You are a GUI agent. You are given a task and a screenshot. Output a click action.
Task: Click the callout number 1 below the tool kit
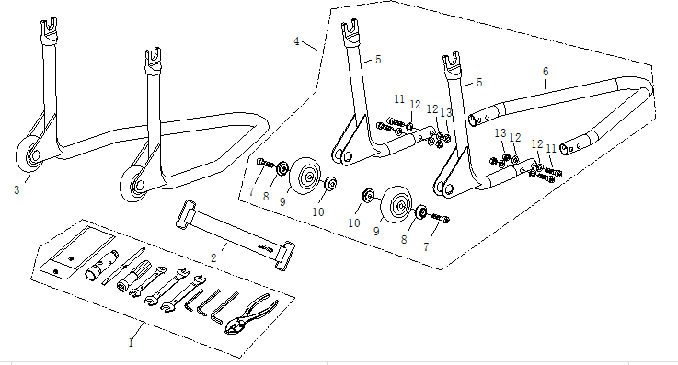coord(131,343)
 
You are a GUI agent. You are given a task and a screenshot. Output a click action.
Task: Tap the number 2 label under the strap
coord(213,257)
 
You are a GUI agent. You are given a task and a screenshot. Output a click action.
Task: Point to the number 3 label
coord(17,189)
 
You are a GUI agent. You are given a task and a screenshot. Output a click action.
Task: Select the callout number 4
coord(296,41)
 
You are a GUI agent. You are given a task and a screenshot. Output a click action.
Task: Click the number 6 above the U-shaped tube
coord(546,72)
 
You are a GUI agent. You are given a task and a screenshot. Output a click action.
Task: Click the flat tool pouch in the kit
coord(78,253)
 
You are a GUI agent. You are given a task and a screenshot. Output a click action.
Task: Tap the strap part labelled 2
coord(236,235)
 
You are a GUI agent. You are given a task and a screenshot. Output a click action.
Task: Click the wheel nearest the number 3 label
coord(29,155)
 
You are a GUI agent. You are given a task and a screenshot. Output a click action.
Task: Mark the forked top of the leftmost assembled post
coord(49,29)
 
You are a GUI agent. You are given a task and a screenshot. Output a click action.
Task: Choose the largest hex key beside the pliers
coord(224,307)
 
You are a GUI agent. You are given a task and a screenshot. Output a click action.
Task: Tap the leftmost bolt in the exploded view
coord(265,164)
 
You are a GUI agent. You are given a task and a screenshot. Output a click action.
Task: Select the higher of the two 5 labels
coord(379,60)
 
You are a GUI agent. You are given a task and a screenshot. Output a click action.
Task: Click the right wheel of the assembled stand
coord(132,184)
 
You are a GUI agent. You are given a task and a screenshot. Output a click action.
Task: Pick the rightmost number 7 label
coord(426,246)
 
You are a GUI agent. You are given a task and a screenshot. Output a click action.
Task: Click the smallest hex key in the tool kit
coord(194,300)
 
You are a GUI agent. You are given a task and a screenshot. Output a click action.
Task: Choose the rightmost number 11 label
coord(551,149)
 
